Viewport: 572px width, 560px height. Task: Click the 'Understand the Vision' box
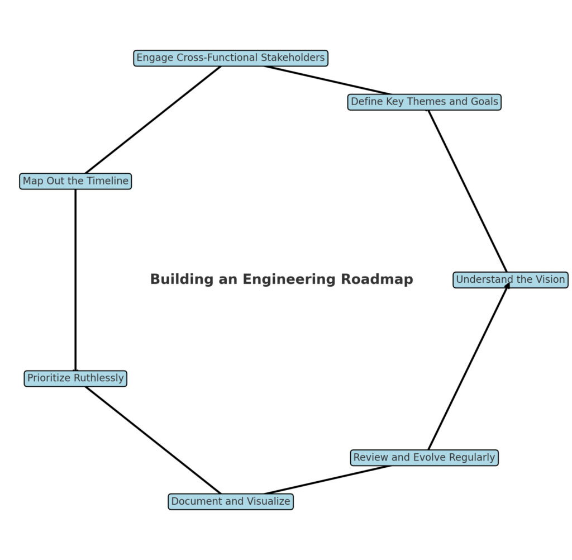pos(510,279)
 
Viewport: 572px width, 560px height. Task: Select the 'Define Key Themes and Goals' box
pos(424,102)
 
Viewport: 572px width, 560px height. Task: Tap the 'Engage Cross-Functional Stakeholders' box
pos(230,58)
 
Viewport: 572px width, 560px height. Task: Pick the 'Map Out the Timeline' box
pos(75,181)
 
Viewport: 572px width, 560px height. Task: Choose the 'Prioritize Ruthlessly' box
pos(75,378)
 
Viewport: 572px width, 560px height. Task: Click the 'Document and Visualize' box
pos(230,501)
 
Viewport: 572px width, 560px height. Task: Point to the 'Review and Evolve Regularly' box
pos(424,458)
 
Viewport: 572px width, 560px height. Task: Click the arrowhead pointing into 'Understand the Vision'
pos(507,286)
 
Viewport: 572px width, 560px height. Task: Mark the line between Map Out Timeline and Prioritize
pos(75,279)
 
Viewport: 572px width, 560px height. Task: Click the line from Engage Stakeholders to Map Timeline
pos(152,120)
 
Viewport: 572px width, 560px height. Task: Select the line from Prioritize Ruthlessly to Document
pos(152,440)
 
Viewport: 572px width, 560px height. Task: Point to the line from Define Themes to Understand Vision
pos(467,190)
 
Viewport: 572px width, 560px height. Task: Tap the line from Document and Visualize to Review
pos(327,480)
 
